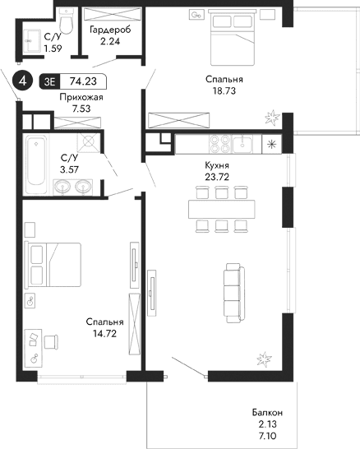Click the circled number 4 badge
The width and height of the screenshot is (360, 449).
pyautogui.click(x=24, y=81)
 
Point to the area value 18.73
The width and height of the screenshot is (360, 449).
pyautogui.click(x=219, y=92)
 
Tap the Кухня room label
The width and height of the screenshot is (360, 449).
pyautogui.click(x=216, y=164)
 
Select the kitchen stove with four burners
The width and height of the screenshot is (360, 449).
pyautogui.click(x=221, y=144)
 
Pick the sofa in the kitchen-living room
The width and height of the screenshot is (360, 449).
pyautogui.click(x=233, y=294)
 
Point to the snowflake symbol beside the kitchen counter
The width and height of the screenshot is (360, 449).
pyautogui.click(x=273, y=145)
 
